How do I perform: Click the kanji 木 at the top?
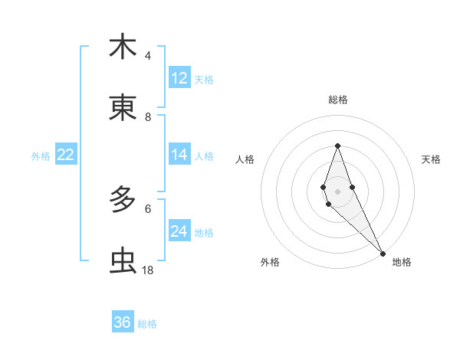[123, 47]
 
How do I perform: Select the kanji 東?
[123, 108]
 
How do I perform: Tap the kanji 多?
[123, 201]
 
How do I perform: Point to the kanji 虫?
[123, 262]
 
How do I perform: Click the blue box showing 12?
[179, 78]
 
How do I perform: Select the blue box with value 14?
[179, 155]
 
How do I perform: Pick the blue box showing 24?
[179, 231]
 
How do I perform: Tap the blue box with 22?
[66, 155]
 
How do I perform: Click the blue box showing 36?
[123, 322]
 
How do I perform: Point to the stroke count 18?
[148, 270]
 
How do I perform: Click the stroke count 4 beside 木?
[148, 56]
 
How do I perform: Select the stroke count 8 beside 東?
[148, 117]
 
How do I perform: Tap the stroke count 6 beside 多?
[148, 208]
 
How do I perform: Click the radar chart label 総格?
[337, 100]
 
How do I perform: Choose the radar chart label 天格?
[432, 159]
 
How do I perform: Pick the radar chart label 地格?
[401, 263]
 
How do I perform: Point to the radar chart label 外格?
[270, 263]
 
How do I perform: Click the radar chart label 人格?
[245, 159]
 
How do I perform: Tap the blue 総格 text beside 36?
[148, 324]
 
